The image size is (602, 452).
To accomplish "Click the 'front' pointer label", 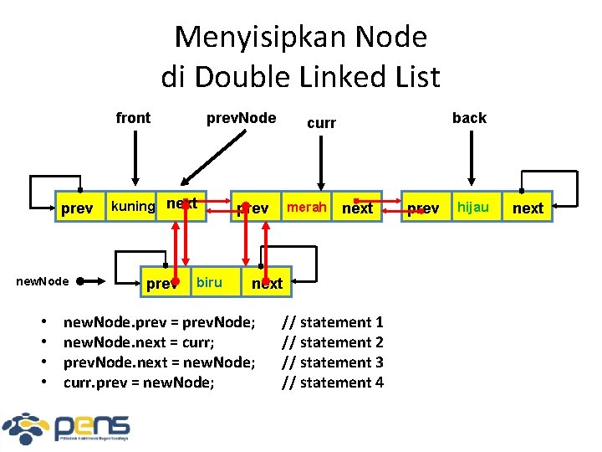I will pyautogui.click(x=133, y=118).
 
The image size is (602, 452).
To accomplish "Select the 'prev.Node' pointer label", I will pyautogui.click(x=241, y=118).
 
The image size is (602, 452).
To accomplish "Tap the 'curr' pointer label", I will pyautogui.click(x=321, y=123).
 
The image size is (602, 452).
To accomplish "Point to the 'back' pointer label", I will pyautogui.click(x=469, y=118).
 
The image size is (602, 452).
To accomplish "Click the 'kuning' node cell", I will pyautogui.click(x=133, y=206).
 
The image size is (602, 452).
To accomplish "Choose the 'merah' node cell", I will pyautogui.click(x=305, y=206).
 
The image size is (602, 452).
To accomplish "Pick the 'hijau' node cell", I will pyautogui.click(x=472, y=207).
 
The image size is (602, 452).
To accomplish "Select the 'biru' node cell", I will pyautogui.click(x=209, y=282).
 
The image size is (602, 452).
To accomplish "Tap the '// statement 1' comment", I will pyautogui.click(x=332, y=322).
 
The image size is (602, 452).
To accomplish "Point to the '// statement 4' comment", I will pyautogui.click(x=332, y=383).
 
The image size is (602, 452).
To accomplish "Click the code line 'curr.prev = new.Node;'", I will pyautogui.click(x=139, y=383).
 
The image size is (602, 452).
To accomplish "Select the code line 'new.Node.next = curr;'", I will pyautogui.click(x=140, y=342).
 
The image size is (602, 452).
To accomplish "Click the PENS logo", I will pyautogui.click(x=67, y=427).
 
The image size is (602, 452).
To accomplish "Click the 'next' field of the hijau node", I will pyautogui.click(x=528, y=208).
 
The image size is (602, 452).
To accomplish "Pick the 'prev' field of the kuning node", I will pyautogui.click(x=78, y=208).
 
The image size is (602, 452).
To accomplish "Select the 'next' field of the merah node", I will pyautogui.click(x=358, y=208).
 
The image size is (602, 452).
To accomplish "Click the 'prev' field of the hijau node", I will pyautogui.click(x=423, y=208).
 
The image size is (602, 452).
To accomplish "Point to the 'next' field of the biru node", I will pyautogui.click(x=268, y=283).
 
